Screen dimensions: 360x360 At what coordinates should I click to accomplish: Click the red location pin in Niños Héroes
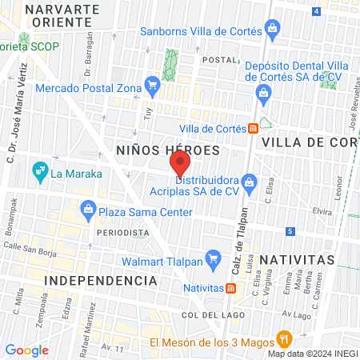[179, 164]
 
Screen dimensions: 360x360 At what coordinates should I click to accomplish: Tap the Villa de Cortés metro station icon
[253, 127]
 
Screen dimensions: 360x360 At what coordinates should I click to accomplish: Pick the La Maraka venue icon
[38, 170]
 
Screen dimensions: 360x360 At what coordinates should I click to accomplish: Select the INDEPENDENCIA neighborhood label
[101, 281]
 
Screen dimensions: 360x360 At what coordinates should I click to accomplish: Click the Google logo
[27, 350]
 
